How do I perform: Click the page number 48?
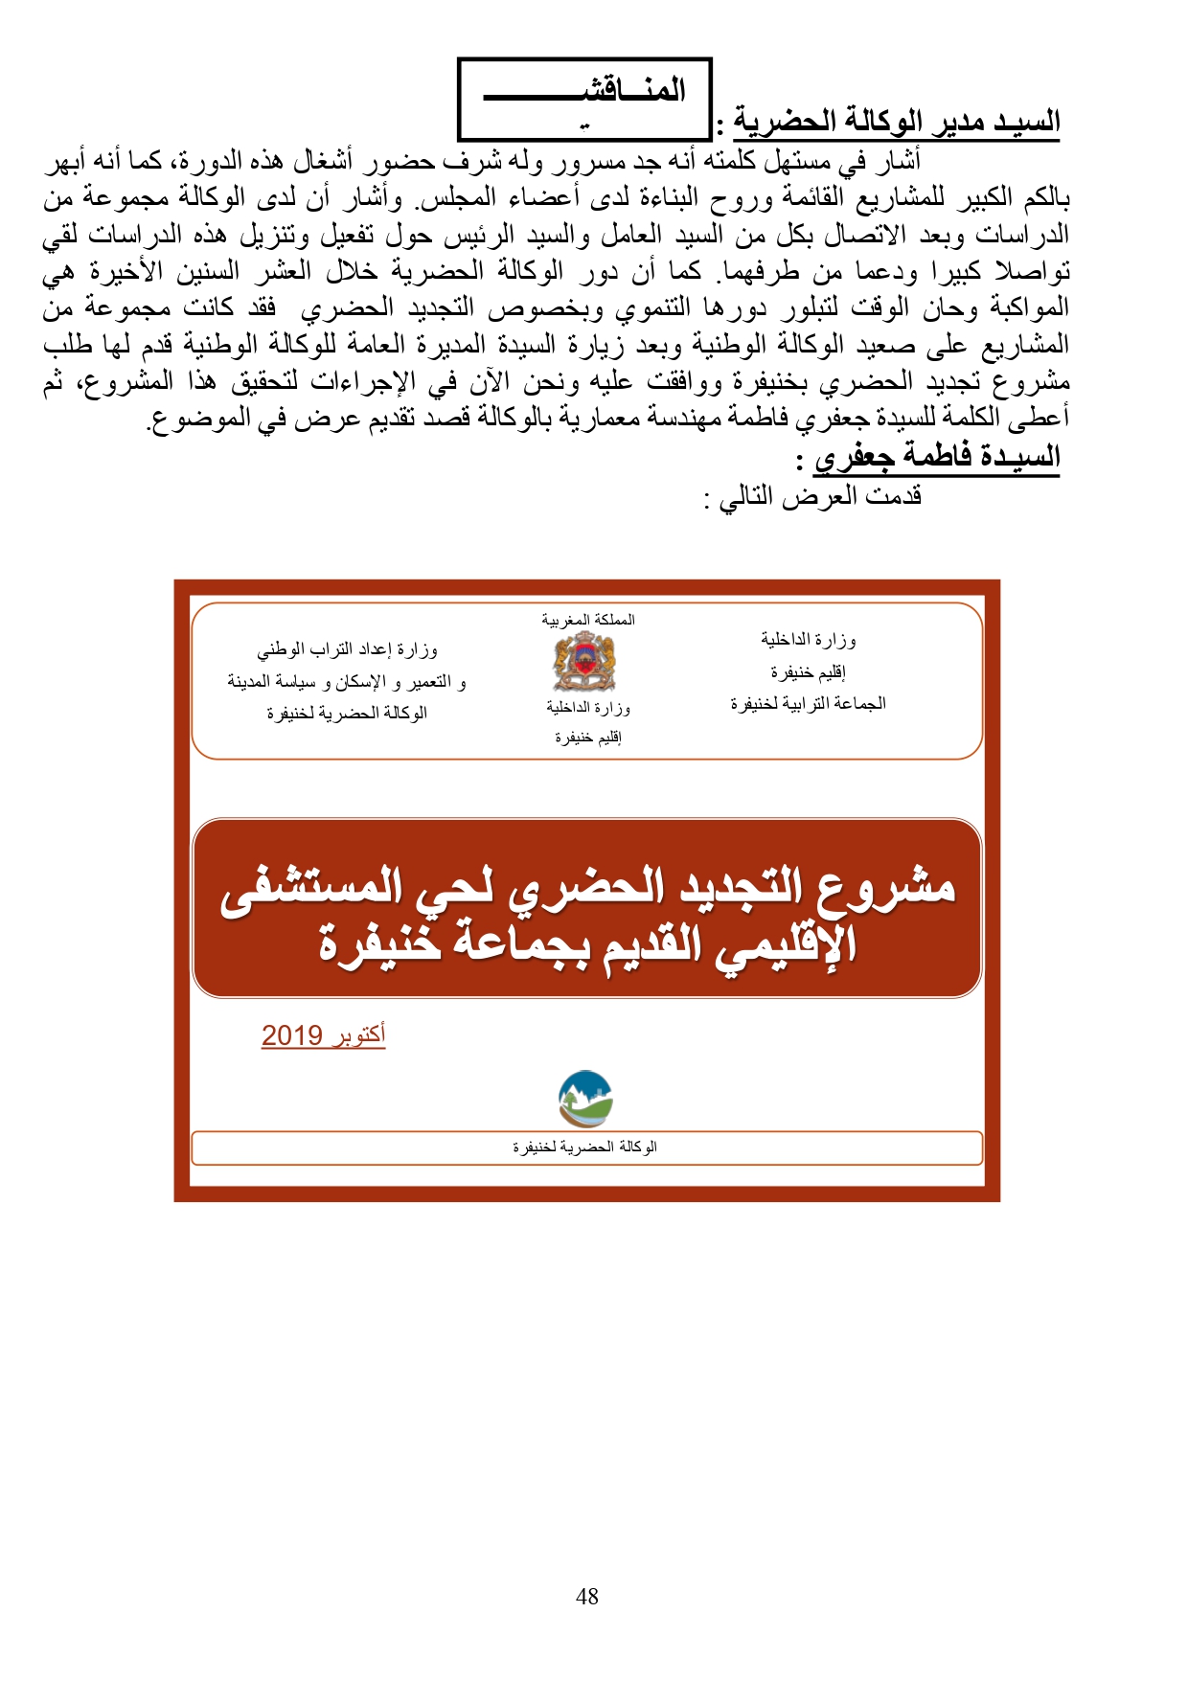586,1596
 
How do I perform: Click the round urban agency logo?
585,1099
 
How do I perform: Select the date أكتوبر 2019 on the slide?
323,1035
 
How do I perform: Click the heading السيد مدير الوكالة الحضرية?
897,122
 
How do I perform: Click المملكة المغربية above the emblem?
588,620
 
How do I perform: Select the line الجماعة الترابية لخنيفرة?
808,704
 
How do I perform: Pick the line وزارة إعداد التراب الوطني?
347,649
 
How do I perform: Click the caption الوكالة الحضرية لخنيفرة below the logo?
584,1147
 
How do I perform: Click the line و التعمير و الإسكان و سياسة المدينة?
347,682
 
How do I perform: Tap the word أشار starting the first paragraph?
897,160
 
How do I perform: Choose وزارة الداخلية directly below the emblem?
588,708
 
